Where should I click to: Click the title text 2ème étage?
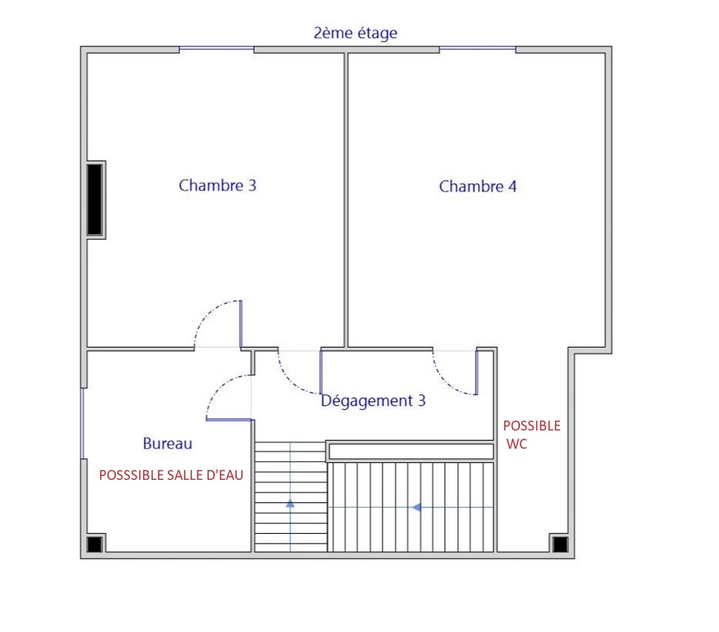pyautogui.click(x=355, y=33)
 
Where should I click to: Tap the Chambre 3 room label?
pyautogui.click(x=217, y=185)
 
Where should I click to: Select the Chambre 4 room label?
pyautogui.click(x=478, y=186)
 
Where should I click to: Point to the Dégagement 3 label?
pyautogui.click(x=373, y=401)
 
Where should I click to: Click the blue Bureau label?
pyautogui.click(x=167, y=443)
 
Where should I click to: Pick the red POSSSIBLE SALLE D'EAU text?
pyautogui.click(x=171, y=475)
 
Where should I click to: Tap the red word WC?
pyautogui.click(x=517, y=443)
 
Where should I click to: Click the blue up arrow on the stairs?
pyautogui.click(x=290, y=503)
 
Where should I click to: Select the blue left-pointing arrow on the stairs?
pyautogui.click(x=416, y=507)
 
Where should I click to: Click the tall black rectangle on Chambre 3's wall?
pyautogui.click(x=95, y=200)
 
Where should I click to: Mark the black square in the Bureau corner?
pyautogui.click(x=94, y=544)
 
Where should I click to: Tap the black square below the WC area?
pyautogui.click(x=560, y=544)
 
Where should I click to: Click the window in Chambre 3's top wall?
pyautogui.click(x=217, y=47)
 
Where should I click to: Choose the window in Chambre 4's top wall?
pyautogui.click(x=478, y=47)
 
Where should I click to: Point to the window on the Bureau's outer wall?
pyautogui.click(x=83, y=423)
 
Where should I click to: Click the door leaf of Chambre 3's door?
pyautogui.click(x=241, y=324)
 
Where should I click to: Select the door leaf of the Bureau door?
pyautogui.click(x=229, y=419)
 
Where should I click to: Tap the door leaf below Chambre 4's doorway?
pyautogui.click(x=476, y=372)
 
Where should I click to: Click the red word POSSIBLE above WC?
pyautogui.click(x=532, y=426)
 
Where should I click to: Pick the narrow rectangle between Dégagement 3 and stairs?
pyautogui.click(x=411, y=451)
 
